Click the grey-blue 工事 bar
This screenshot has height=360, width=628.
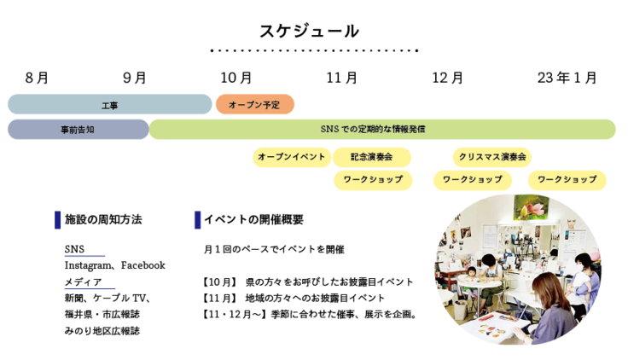(x=109, y=105)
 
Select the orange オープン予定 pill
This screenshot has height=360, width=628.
(x=254, y=105)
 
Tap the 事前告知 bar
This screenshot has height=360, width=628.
(x=78, y=130)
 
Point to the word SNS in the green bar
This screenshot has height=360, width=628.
(x=330, y=130)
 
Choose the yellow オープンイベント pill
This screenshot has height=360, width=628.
(x=291, y=158)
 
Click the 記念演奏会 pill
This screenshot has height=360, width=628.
(x=371, y=158)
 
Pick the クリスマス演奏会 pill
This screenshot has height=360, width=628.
(x=492, y=158)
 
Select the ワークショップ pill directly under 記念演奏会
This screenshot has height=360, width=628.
(x=373, y=180)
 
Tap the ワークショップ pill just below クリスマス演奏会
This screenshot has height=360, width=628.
(x=472, y=180)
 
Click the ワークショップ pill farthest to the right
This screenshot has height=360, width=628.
(x=567, y=180)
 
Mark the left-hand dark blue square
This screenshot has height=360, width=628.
(x=58, y=220)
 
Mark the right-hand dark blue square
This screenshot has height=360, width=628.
(x=197, y=220)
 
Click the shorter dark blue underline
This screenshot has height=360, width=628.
(x=84, y=256)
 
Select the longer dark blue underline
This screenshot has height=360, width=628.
(x=90, y=288)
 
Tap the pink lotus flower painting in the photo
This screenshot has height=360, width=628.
(x=530, y=208)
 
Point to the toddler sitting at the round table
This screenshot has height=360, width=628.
(x=471, y=275)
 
